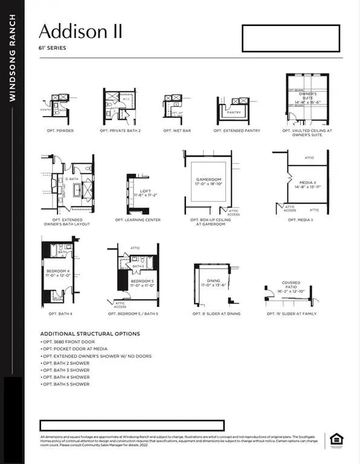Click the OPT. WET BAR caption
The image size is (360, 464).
(x=177, y=130)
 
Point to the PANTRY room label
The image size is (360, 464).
(x=234, y=112)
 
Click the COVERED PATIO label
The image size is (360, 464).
(x=291, y=285)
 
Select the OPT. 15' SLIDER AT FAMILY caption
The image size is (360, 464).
(x=292, y=314)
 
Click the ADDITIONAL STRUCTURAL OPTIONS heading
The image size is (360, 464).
(x=90, y=333)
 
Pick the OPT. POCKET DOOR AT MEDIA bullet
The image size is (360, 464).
(x=75, y=349)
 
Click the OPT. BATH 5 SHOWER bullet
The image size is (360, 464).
(x=66, y=384)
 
